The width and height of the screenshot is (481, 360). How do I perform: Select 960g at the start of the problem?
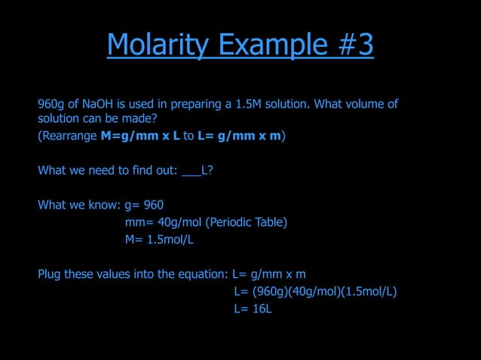coord(51,104)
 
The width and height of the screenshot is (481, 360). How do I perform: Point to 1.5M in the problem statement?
coord(248,104)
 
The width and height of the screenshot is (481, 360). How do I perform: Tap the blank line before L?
coord(191,170)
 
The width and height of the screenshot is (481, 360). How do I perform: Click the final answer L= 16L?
coord(253,309)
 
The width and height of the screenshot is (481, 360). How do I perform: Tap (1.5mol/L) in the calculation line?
coord(369,291)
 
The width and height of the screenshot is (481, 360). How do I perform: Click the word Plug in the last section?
coord(49,273)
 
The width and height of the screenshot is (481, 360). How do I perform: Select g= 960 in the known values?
coord(144,205)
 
